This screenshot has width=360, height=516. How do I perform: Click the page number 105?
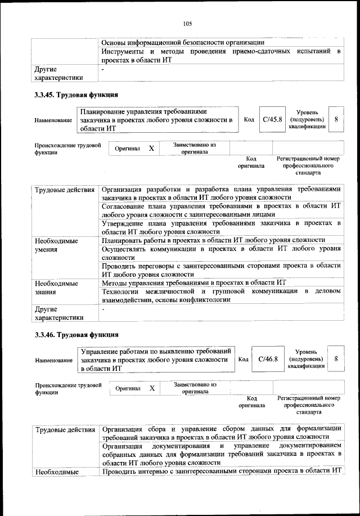(187, 23)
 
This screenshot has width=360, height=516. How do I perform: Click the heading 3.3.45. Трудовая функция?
(75, 95)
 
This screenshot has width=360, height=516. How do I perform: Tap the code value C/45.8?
(272, 119)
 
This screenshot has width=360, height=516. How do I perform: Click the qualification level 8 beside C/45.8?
(336, 119)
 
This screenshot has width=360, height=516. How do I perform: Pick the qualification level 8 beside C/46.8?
(336, 359)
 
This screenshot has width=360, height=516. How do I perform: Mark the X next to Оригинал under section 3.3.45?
(151, 149)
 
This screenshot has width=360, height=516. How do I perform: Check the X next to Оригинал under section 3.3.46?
(151, 388)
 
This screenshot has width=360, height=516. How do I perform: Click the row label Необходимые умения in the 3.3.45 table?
(56, 245)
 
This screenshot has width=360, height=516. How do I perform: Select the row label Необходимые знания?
(56, 288)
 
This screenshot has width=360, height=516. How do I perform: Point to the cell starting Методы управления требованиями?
(195, 282)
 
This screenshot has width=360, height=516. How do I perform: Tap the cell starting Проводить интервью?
(222, 471)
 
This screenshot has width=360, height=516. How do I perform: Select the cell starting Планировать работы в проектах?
(214, 240)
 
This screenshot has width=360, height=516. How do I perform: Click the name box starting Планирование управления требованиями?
(156, 120)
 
